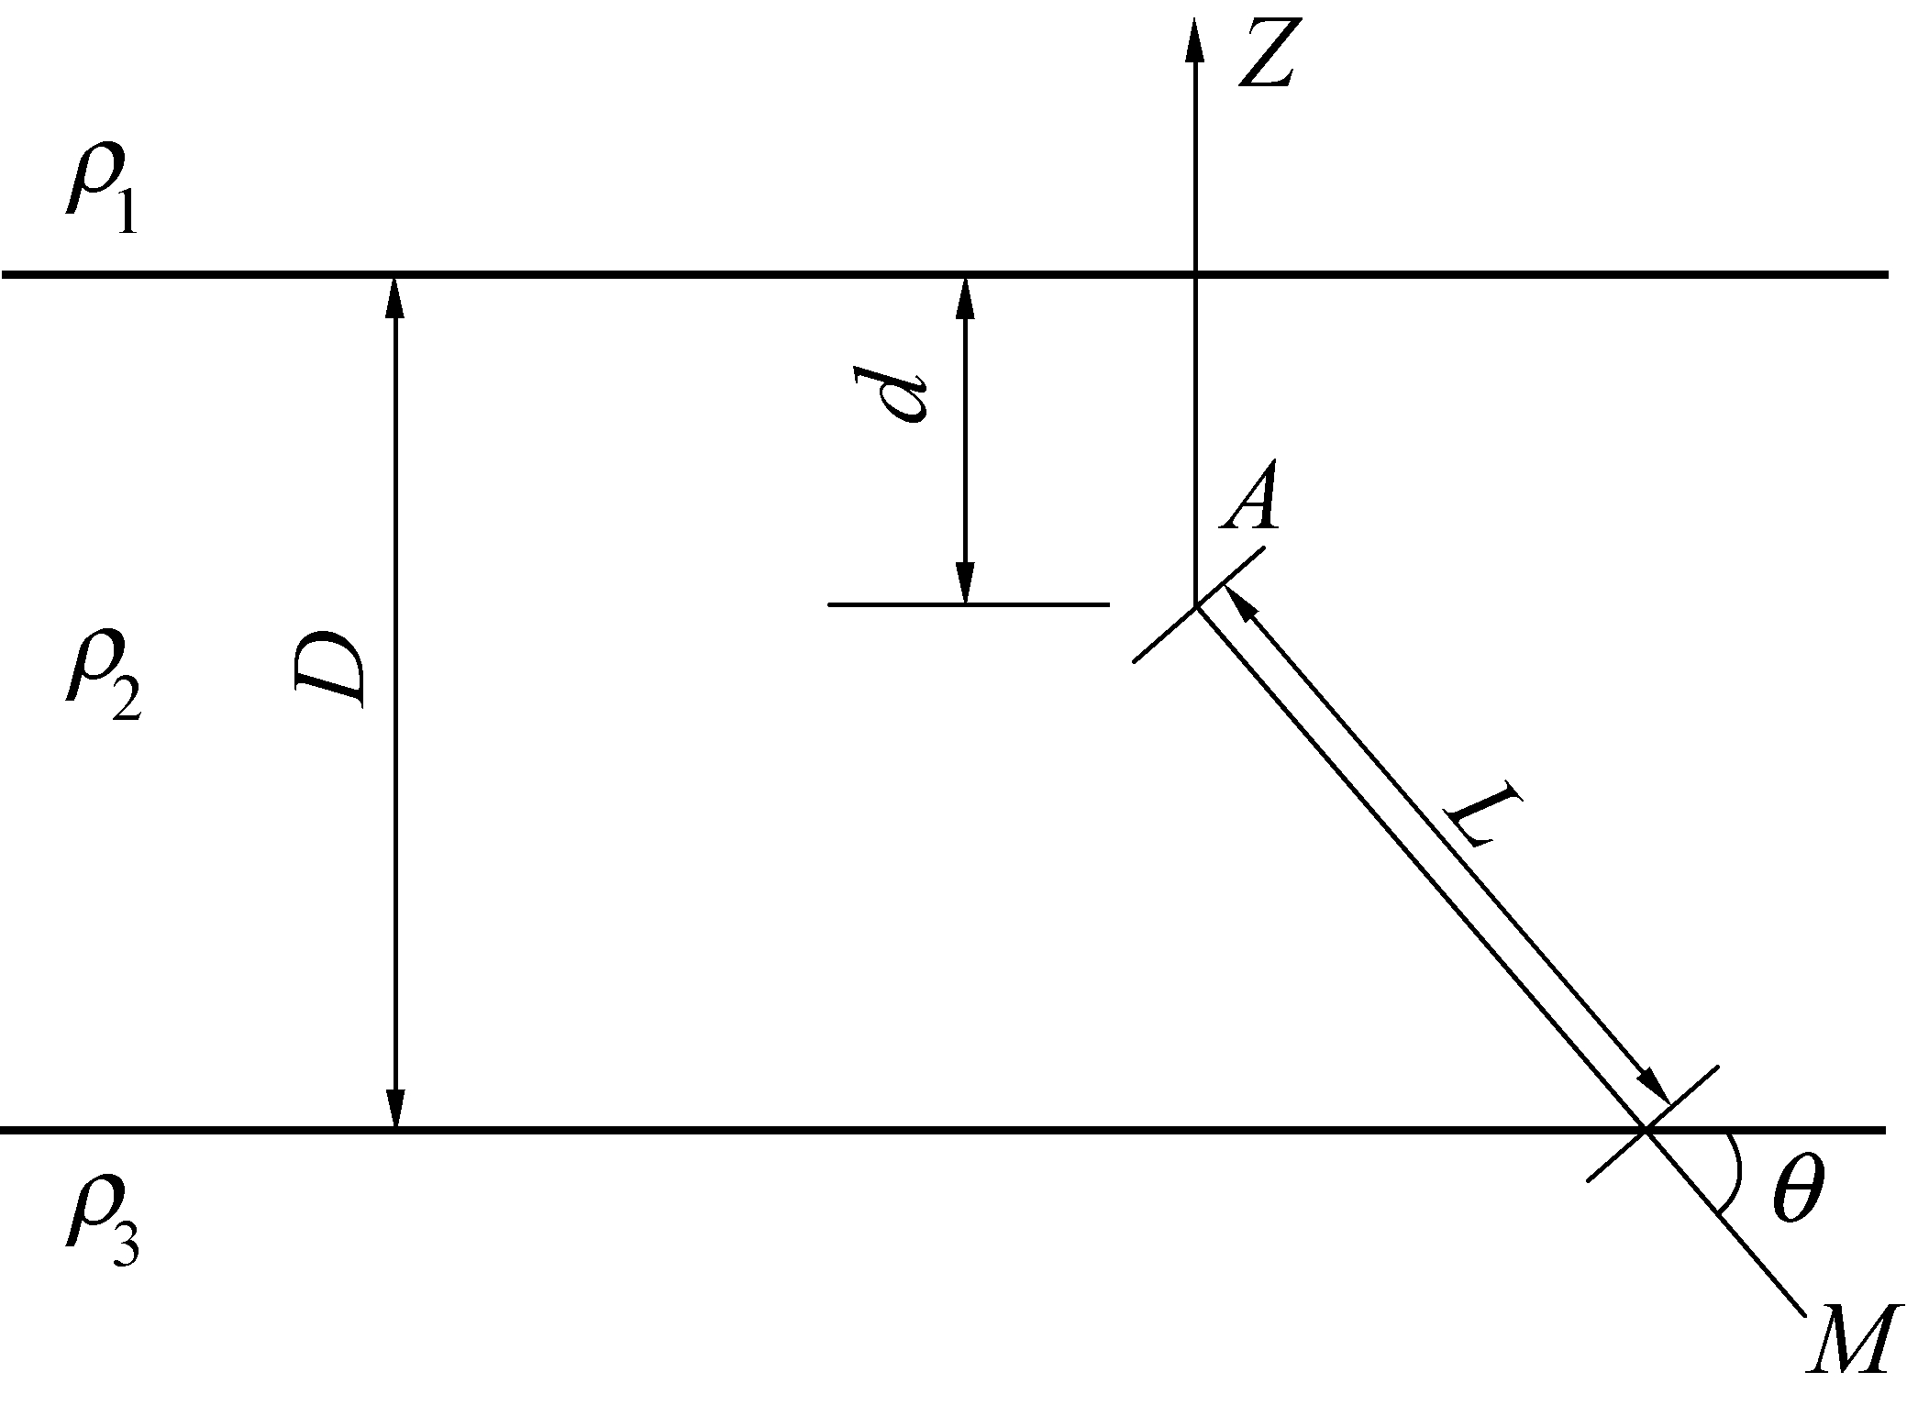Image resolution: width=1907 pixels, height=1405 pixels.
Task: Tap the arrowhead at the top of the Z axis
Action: coord(1194,39)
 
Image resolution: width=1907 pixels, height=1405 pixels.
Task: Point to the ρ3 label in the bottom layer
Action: coord(101,1229)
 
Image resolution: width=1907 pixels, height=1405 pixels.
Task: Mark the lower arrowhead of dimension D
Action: coord(395,1108)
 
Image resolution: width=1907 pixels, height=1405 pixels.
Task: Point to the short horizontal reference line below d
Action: coord(968,604)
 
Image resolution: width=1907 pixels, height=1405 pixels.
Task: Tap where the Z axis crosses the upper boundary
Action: coord(1194,274)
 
